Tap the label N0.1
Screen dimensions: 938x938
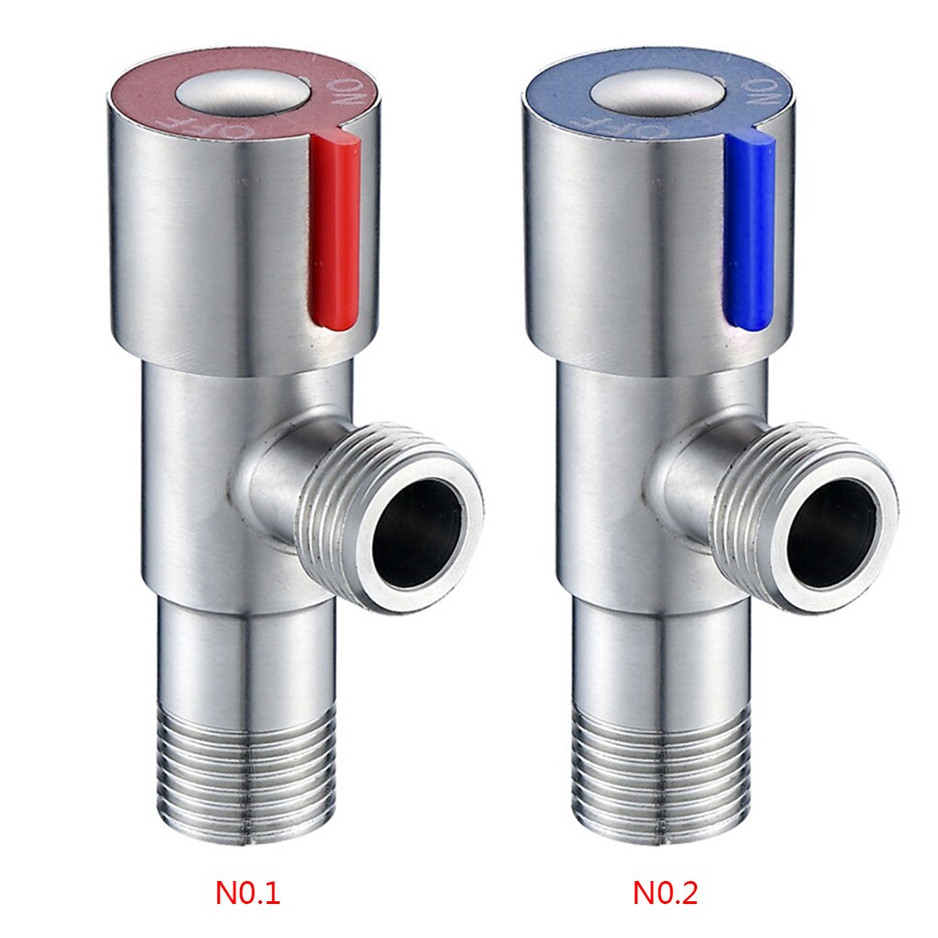(x=247, y=892)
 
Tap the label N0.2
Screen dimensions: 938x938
(x=665, y=892)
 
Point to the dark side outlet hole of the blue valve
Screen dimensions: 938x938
(x=832, y=533)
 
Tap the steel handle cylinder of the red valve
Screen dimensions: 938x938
(x=212, y=248)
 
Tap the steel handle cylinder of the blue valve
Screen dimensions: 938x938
(x=625, y=248)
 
